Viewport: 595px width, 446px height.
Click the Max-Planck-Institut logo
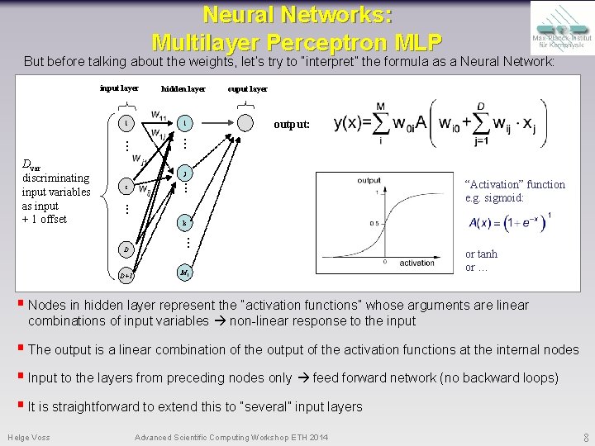pos(561,27)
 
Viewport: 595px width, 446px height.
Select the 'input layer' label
pos(119,88)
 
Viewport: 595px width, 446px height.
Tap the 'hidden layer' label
pos(183,88)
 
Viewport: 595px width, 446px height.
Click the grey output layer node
pos(246,123)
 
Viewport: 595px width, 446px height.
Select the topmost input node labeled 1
pos(126,123)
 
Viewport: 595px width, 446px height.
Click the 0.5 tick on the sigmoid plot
pos(374,222)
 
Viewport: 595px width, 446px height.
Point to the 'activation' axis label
pos(416,263)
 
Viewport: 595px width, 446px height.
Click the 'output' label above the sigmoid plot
pos(369,180)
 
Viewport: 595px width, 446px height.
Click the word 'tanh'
pos(486,254)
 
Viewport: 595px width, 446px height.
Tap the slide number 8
pos(585,437)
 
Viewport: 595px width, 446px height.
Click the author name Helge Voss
pos(29,437)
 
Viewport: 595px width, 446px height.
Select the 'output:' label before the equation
pos(292,125)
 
